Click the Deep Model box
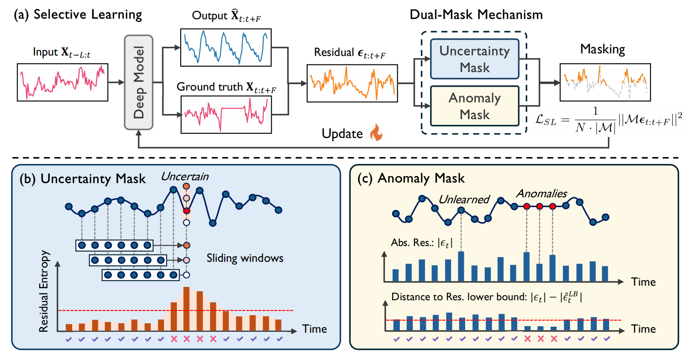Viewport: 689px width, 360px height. tap(138, 82)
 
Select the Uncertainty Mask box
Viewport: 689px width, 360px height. tap(475, 59)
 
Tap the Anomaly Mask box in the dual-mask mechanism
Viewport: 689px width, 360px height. tap(475, 106)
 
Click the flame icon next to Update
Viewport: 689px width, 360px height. tap(376, 132)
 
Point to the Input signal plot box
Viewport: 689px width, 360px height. tap(62, 82)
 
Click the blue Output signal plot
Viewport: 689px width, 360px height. tap(226, 47)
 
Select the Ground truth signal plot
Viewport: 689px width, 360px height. tap(226, 114)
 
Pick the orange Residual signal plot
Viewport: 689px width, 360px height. tap(352, 83)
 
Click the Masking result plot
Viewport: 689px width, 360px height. tap(605, 82)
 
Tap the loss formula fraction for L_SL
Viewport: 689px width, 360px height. tap(595, 120)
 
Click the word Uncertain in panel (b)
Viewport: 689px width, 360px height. tap(185, 176)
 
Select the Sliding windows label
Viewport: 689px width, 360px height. tap(245, 258)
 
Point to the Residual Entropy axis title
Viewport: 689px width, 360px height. tap(44, 291)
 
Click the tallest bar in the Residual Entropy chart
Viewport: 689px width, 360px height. tap(186, 308)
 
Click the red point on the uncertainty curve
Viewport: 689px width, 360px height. tap(186, 211)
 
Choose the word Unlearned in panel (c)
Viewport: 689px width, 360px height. tap(464, 199)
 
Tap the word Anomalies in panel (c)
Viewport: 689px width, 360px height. tap(541, 193)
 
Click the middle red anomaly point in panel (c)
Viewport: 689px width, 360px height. tap(539, 206)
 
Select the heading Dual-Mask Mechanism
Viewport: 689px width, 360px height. tap(476, 15)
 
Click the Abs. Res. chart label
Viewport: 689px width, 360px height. tap(421, 243)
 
